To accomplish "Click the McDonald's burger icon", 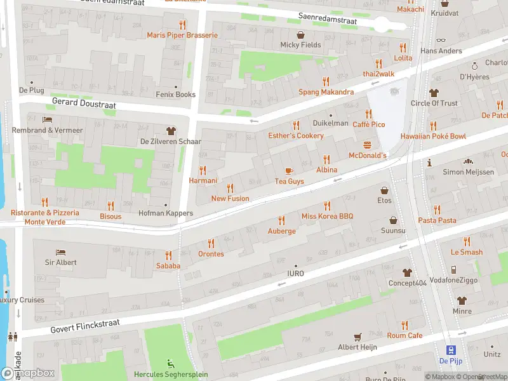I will coord(367,145).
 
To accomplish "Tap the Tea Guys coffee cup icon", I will coord(289,170).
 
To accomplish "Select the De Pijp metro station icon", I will coord(450,350).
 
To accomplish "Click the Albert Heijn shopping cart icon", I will coord(358,337).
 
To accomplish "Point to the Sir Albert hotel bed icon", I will coord(60,252).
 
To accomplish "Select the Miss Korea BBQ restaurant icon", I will coord(327,206).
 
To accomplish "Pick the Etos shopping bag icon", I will coord(384,189).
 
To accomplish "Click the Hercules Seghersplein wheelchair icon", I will coord(170,364).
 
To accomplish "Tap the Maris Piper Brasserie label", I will coord(182,36).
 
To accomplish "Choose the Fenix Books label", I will coord(176,95).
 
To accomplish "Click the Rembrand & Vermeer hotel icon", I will coord(47,119).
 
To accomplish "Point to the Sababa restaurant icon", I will coord(168,255).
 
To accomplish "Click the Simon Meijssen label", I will coord(468,172).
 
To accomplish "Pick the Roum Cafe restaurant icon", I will coord(404,324).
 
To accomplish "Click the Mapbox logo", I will coord(27,373).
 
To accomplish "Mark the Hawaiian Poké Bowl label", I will coord(432,137).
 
